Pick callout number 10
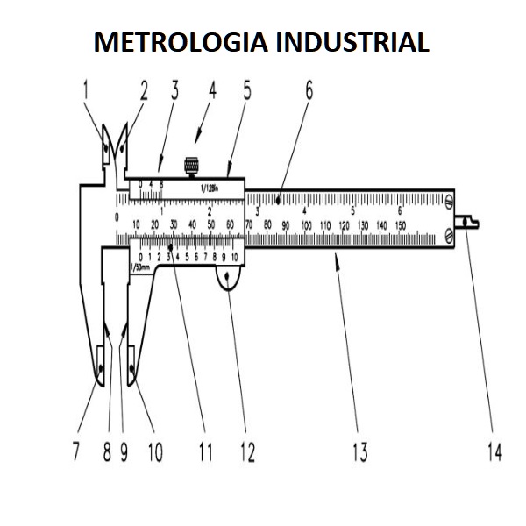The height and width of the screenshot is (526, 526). pos(155,453)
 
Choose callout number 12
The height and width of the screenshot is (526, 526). pos(247,453)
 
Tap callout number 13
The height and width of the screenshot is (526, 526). pos(359,453)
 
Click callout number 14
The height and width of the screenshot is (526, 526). pos(494,453)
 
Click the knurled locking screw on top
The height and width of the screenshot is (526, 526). pos(189,164)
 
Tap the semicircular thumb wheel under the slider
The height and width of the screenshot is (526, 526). pos(230,280)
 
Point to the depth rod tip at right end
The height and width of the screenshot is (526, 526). pos(473,223)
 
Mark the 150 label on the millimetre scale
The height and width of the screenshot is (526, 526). pos(400,226)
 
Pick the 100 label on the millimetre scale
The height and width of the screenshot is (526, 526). pos(307,226)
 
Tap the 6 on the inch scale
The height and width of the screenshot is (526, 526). pos(400,211)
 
